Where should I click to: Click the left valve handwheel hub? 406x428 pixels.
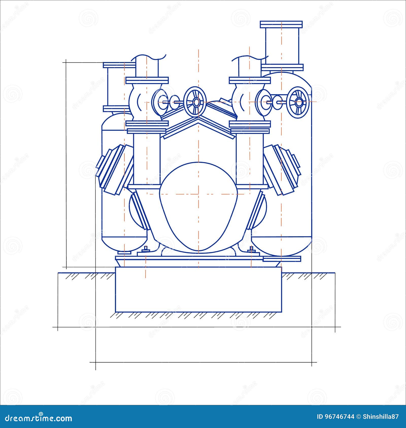coord(196,102)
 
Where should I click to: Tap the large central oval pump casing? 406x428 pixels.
coord(198,206)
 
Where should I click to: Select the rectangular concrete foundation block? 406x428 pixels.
coord(198,289)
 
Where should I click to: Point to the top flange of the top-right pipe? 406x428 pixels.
coord(281,25)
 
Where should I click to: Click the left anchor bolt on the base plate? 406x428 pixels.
coord(146,249)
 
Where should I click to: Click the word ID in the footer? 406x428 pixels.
coord(320,417)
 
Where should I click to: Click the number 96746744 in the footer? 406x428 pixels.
coord(340,417)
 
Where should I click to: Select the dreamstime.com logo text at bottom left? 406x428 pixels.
coord(36,417)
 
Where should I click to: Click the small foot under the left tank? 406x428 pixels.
coord(124,252)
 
